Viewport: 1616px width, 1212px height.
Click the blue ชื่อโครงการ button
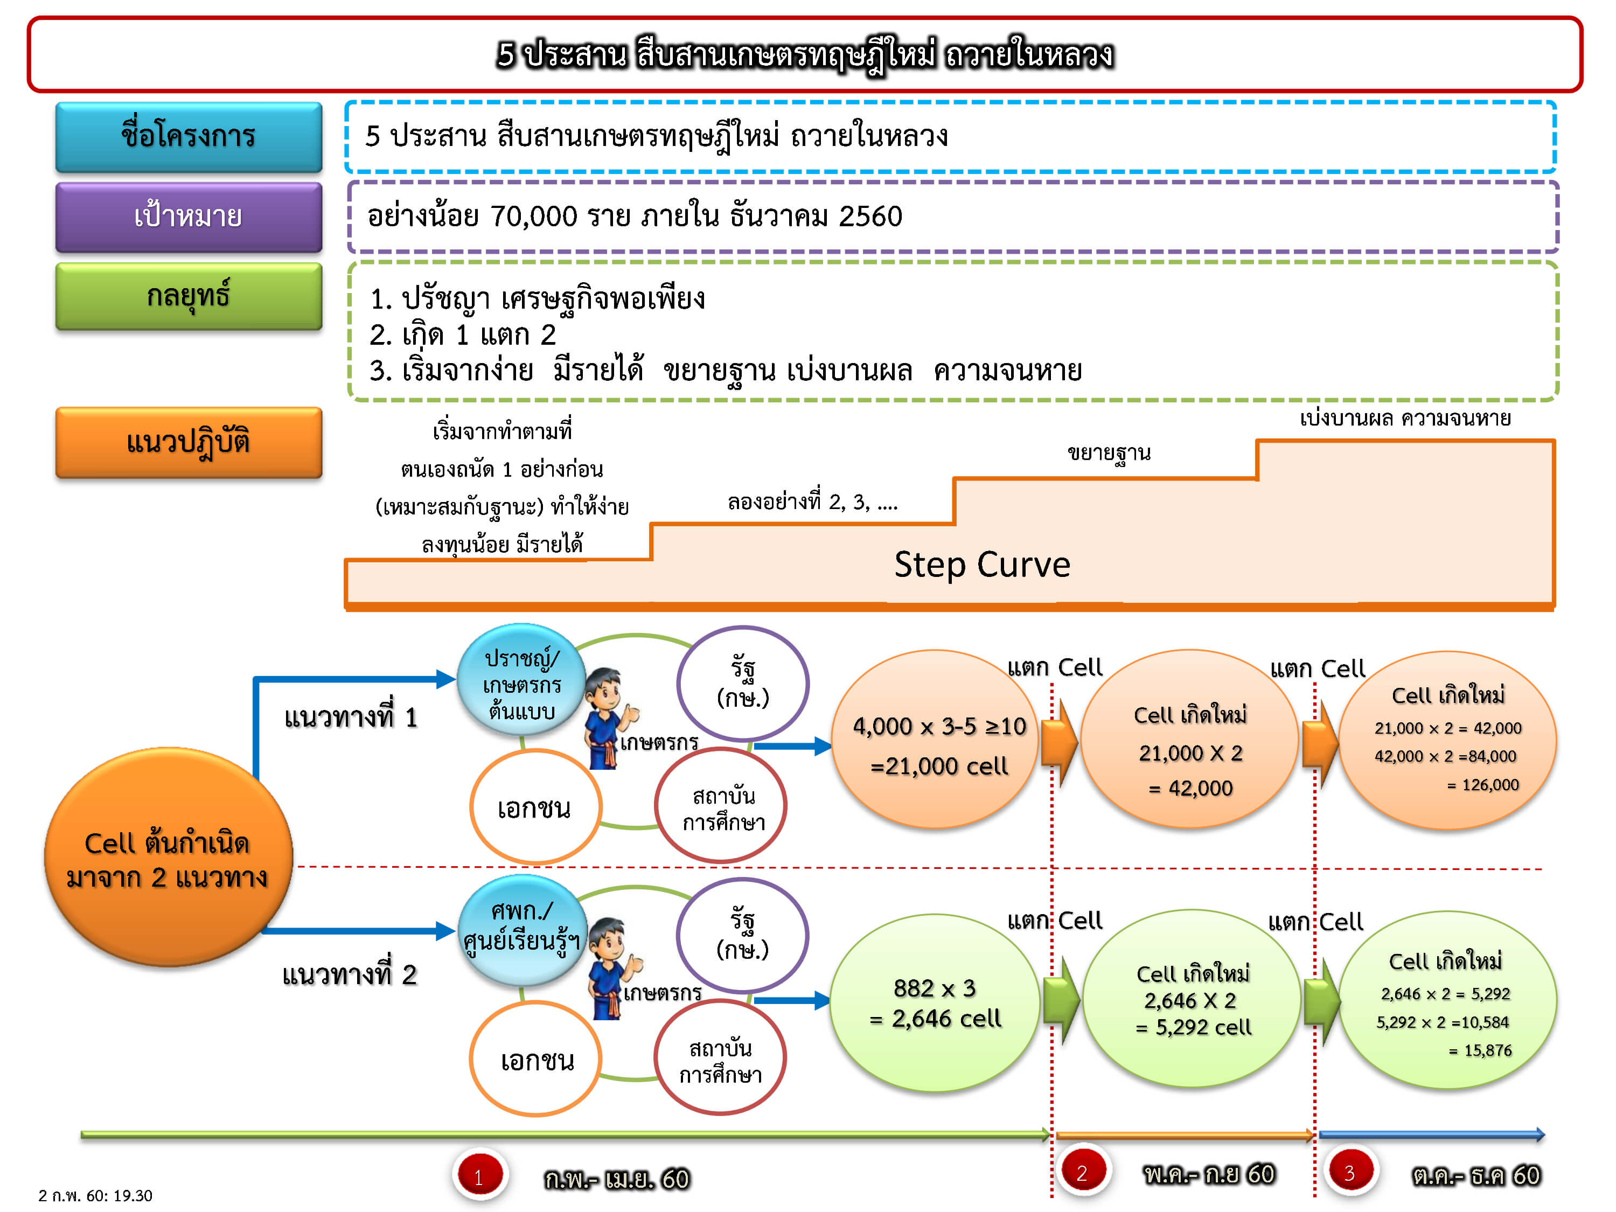189,137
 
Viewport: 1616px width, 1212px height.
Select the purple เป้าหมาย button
189,217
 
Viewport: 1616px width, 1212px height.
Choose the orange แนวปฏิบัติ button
189,443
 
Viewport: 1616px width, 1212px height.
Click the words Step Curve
982,565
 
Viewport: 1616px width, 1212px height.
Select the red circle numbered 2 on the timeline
1082,1173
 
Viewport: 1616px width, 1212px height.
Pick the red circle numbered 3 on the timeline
1349,1173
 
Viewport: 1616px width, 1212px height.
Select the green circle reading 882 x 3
935,1002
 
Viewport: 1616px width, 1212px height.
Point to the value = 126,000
1483,785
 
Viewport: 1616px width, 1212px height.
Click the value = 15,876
1481,1050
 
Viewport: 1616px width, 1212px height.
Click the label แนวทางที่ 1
351,718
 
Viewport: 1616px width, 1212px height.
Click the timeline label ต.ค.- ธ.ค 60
1476,1175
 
